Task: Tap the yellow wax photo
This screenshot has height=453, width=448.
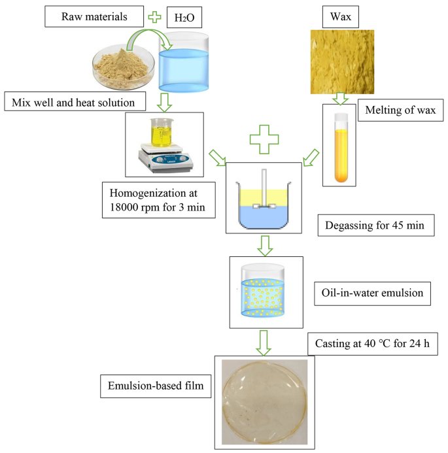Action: [x=341, y=62]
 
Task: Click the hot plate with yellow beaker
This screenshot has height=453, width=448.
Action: [x=164, y=143]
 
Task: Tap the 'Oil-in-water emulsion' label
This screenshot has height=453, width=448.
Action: [x=371, y=292]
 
